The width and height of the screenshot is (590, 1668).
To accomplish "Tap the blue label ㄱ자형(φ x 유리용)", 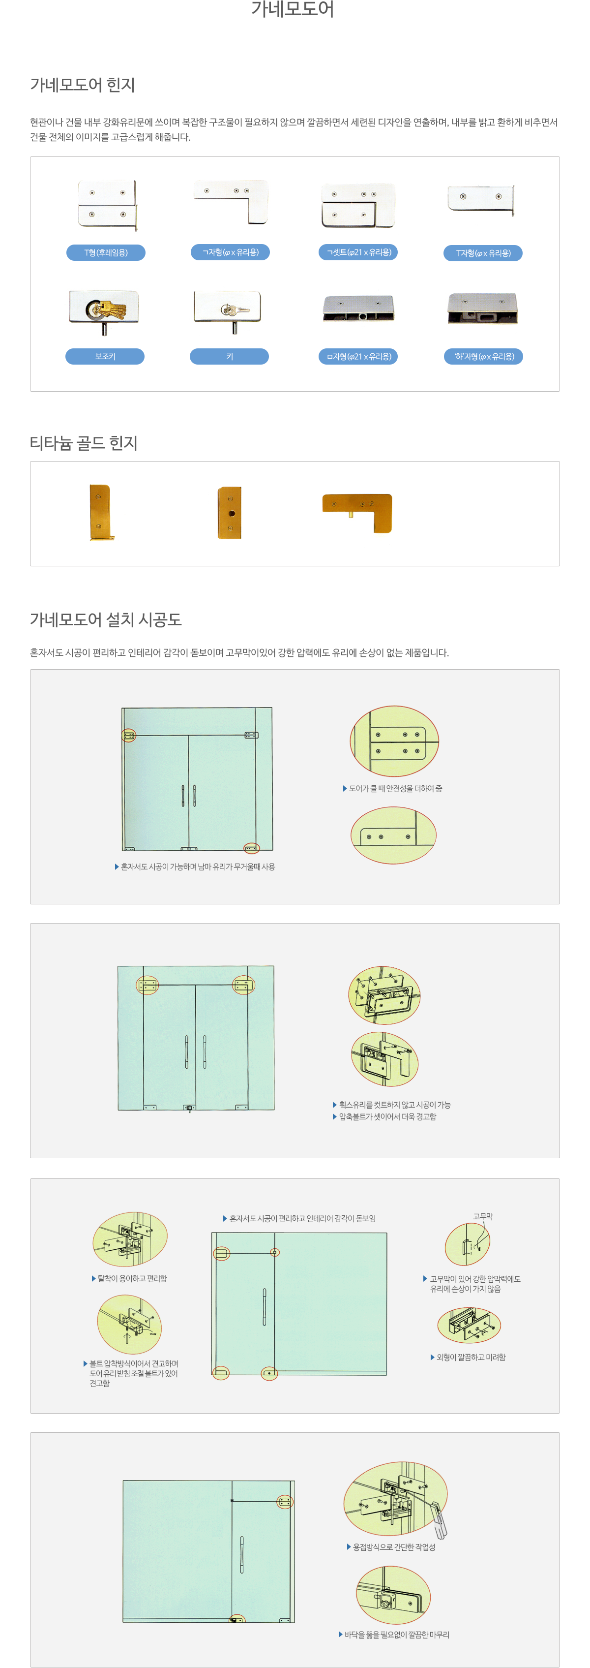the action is click(230, 252).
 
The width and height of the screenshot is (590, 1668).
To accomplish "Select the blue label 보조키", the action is click(105, 356).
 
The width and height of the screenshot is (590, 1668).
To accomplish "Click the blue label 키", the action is click(229, 356).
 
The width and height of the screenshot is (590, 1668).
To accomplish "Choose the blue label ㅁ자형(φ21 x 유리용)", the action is click(358, 356).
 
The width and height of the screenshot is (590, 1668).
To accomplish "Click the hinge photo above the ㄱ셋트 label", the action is click(358, 206).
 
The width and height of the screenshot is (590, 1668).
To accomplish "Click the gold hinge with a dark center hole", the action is click(230, 513).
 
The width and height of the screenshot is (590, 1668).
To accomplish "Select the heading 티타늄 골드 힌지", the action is click(84, 443).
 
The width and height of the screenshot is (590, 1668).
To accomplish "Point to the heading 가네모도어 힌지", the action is click(82, 85).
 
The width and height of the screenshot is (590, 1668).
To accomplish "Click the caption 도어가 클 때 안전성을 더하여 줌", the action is click(395, 788).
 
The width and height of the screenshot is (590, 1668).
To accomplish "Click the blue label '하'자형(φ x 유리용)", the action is click(483, 356).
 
